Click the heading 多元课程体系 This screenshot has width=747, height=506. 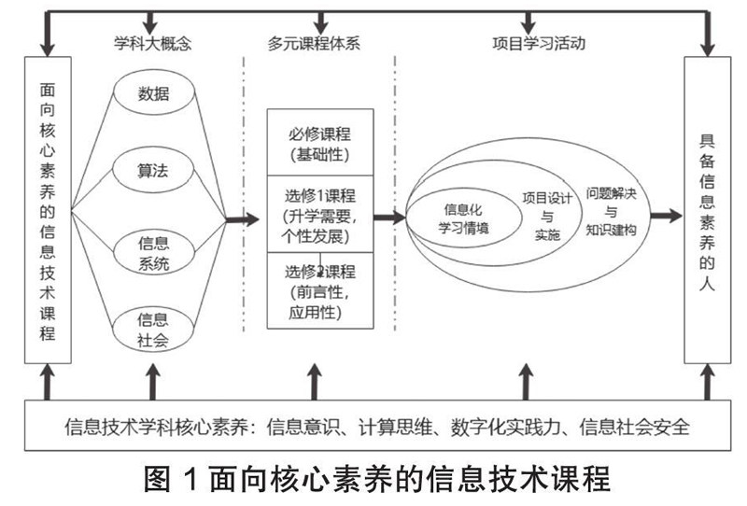(317, 43)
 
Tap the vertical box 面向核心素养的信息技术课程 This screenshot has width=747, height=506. (47, 210)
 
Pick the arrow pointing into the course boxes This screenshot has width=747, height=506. (242, 220)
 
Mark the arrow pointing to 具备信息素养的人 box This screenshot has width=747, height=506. (666, 215)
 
